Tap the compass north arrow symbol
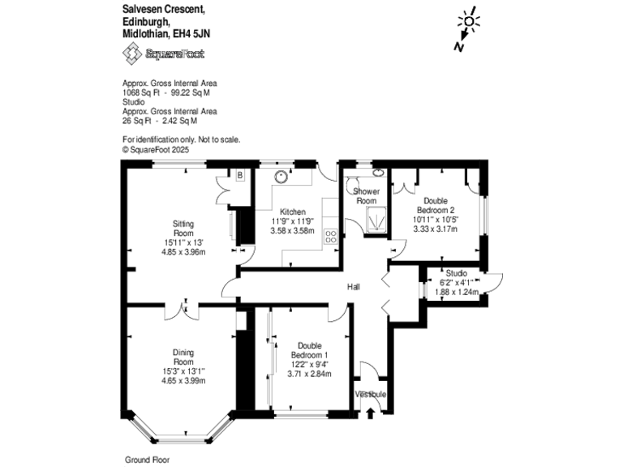tap(465, 32)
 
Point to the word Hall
tap(354, 287)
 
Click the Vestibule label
tap(372, 394)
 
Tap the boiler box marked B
tap(240, 174)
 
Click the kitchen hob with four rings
tap(331, 237)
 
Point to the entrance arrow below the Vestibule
tap(372, 413)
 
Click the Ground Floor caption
tap(145, 459)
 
